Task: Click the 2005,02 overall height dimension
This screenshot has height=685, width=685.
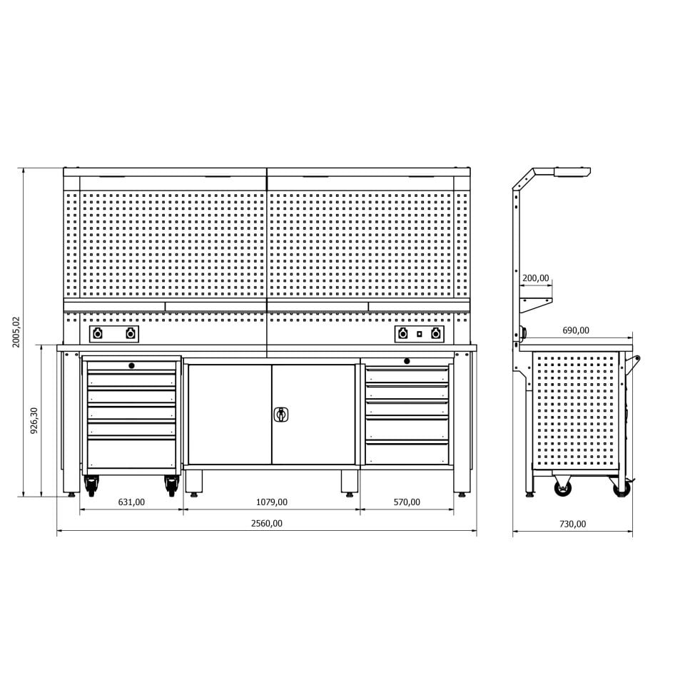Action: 16,332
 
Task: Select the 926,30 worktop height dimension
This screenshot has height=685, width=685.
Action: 34,420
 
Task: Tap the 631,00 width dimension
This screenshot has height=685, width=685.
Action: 131,502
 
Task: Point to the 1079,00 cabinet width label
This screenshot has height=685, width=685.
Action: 272,502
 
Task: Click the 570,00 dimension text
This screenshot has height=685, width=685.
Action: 407,502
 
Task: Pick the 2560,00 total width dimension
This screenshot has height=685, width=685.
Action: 266,523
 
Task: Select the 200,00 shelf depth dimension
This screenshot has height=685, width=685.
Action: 536,278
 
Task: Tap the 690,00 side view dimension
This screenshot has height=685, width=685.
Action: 576,330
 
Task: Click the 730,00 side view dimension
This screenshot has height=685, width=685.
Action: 573,524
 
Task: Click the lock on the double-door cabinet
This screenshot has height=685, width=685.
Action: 281,414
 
